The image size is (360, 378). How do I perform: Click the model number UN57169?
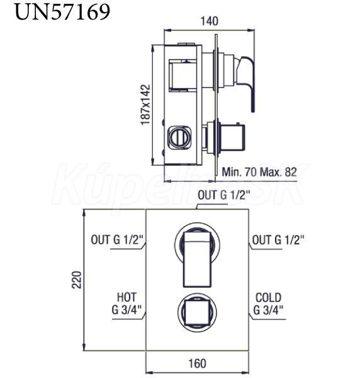[x=62, y=12]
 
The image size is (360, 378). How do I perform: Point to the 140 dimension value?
[x=210, y=21]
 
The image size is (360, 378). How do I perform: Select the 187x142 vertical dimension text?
[x=145, y=105]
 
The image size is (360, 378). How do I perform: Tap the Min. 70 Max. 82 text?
[x=259, y=172]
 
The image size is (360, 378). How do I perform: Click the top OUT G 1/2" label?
[x=224, y=195]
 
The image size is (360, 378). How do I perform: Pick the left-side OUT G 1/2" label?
[x=117, y=240]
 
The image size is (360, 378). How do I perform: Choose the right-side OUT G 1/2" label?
[x=278, y=240]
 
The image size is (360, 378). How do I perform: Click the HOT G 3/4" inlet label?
[x=127, y=303]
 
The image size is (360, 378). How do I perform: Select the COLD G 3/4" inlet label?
[x=268, y=303]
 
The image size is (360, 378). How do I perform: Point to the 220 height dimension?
[x=77, y=280]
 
